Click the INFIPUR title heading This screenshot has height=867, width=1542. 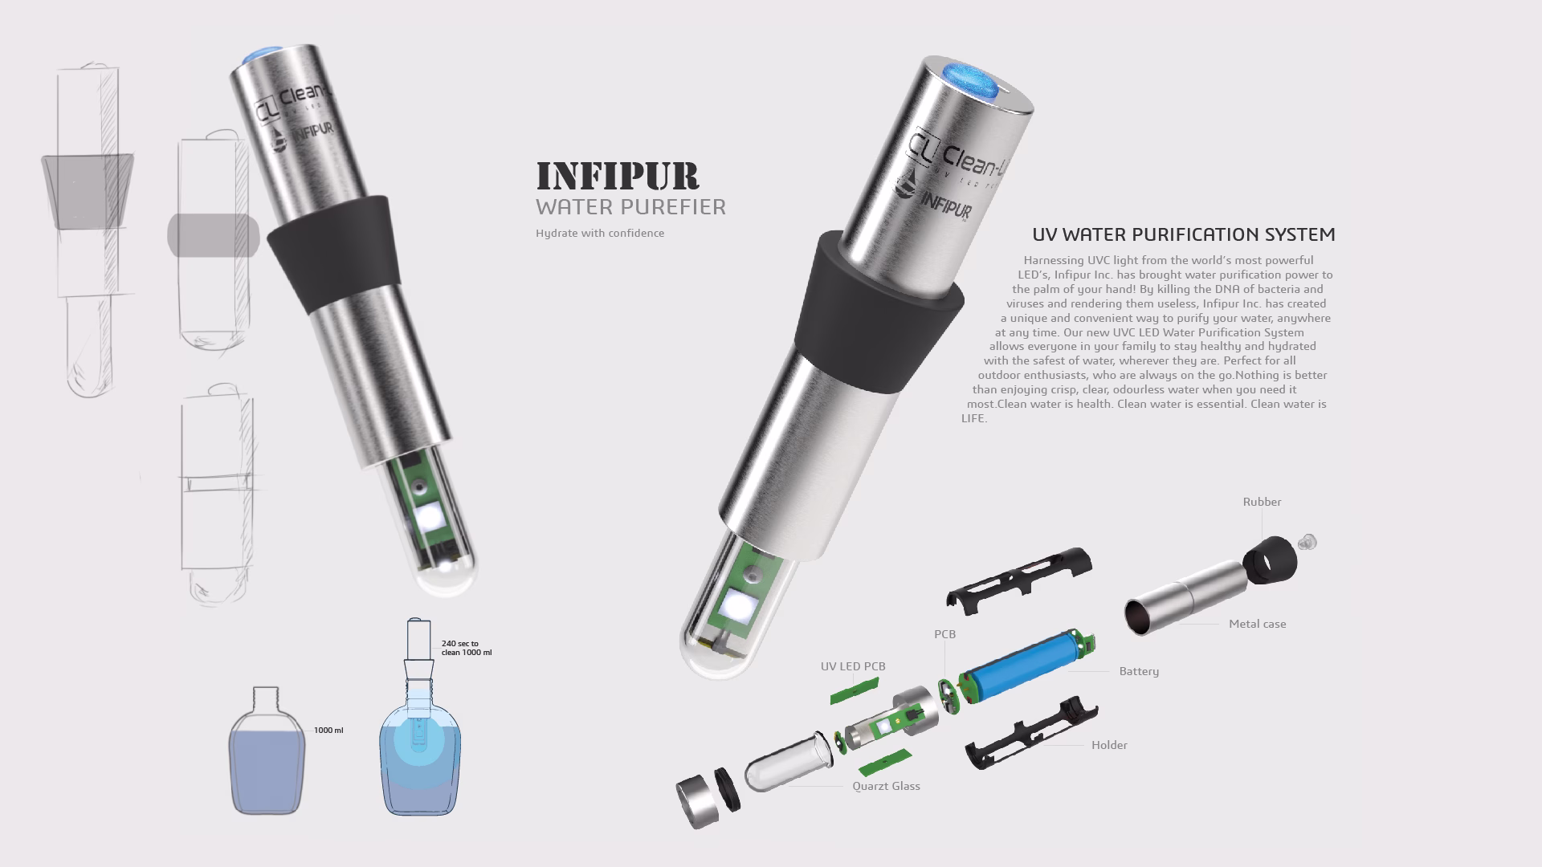click(617, 176)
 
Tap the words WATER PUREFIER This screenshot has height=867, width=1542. click(630, 207)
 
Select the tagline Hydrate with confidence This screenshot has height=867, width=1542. click(600, 234)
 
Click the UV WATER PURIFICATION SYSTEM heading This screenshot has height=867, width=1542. click(1183, 235)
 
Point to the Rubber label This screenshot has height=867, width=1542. click(1262, 503)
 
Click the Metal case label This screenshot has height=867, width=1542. click(1257, 624)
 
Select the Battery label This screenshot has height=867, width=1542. click(1139, 671)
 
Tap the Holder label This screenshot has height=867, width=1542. click(1109, 745)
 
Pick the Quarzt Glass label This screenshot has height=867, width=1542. click(886, 786)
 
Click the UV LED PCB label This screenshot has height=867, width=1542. click(853, 666)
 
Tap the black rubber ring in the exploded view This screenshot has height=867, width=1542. click(1271, 559)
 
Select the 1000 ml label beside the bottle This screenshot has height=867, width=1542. click(328, 731)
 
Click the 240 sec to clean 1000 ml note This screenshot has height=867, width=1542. click(466, 648)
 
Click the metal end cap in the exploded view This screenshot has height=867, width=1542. click(694, 801)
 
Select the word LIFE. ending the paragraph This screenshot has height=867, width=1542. click(974, 418)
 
